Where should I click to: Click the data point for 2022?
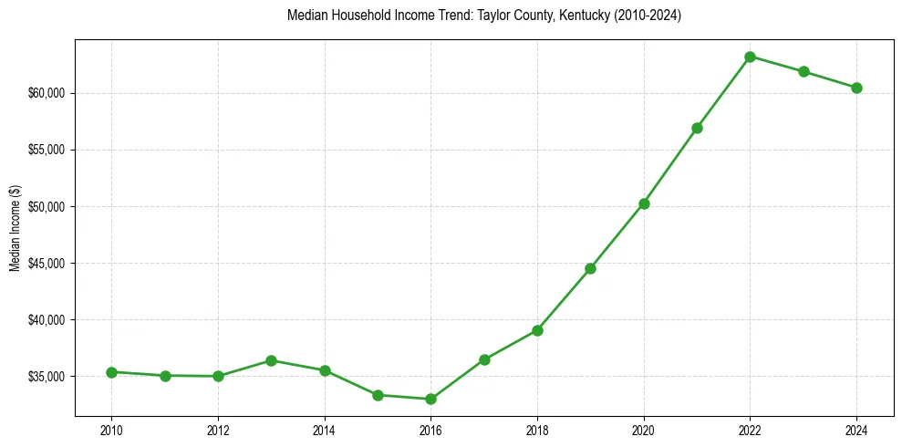[x=750, y=57]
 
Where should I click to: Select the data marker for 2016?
[x=430, y=399]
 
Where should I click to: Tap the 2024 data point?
[x=856, y=88]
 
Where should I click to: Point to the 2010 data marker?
[x=111, y=372]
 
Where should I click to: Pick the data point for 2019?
[x=590, y=268]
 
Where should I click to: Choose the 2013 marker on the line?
[x=271, y=360]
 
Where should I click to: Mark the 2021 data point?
[x=697, y=128]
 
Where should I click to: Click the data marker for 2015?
[x=378, y=395]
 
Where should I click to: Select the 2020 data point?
[x=644, y=203]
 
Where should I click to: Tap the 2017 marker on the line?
[x=484, y=359]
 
